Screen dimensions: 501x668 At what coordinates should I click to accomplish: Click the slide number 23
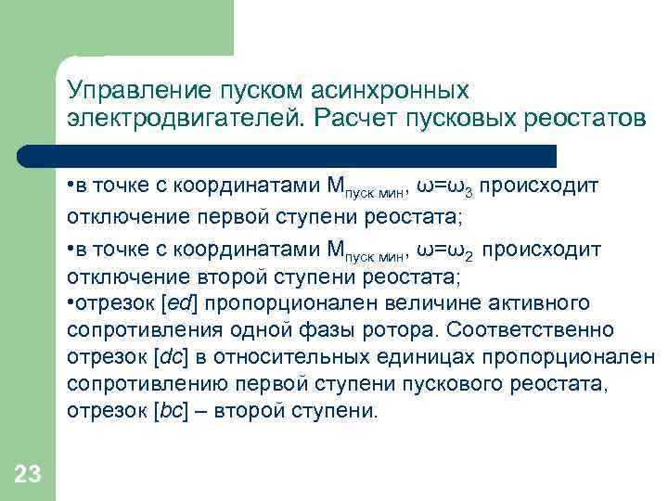click(x=28, y=476)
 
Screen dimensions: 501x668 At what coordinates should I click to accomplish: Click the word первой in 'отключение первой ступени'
click(x=207, y=218)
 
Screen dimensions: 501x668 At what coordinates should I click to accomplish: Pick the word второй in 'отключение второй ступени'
click(x=206, y=277)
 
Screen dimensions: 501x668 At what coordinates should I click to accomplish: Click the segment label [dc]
click(x=170, y=357)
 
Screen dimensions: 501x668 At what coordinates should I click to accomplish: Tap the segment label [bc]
click(x=170, y=411)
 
